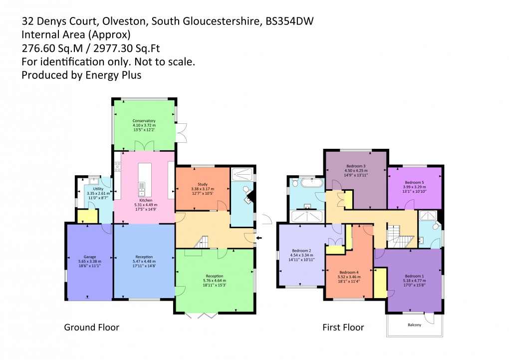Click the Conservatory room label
(144, 121)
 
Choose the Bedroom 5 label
(415, 182)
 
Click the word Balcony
(414, 325)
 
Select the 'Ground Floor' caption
(91, 328)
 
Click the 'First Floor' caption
(343, 328)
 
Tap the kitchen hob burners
(118, 167)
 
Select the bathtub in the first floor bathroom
(306, 182)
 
